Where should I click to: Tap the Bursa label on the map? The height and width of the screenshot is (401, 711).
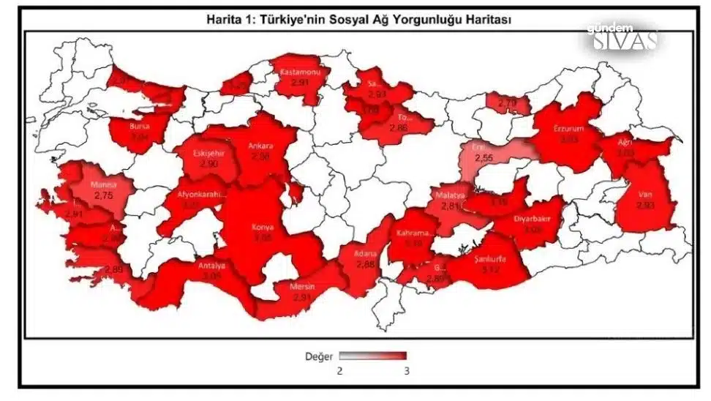(139, 126)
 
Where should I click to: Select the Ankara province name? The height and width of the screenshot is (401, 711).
(261, 145)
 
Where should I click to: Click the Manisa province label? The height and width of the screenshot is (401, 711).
(104, 186)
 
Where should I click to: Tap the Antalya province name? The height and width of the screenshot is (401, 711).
(212, 266)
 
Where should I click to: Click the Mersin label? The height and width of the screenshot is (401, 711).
(302, 287)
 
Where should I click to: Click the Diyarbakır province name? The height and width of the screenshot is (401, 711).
(533, 218)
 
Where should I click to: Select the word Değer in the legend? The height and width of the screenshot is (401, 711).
(320, 357)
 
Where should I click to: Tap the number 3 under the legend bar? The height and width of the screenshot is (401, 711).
(405, 371)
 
